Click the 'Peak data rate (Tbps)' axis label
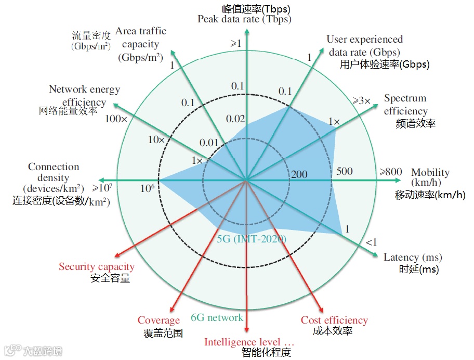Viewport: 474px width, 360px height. click(x=244, y=20)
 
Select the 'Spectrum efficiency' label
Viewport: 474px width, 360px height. click(x=406, y=105)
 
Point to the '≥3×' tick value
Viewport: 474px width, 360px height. click(x=362, y=100)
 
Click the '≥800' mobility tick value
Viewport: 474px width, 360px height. click(x=390, y=172)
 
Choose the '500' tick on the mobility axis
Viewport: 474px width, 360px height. click(x=344, y=172)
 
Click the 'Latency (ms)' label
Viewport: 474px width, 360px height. click(x=413, y=257)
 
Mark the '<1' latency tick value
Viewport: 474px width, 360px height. click(x=371, y=242)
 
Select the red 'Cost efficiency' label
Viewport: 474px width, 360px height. click(x=334, y=320)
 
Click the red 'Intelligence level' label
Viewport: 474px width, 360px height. click(x=249, y=342)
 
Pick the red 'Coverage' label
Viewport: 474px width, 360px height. click(x=159, y=320)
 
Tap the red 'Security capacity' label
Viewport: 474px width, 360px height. click(x=96, y=267)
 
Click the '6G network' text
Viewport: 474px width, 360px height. click(x=217, y=317)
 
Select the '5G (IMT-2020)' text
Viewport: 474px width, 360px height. click(x=252, y=239)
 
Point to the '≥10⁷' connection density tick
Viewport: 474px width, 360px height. click(x=102, y=187)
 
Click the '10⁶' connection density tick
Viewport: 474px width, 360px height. click(x=147, y=188)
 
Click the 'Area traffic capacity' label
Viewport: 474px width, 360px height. click(x=140, y=44)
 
